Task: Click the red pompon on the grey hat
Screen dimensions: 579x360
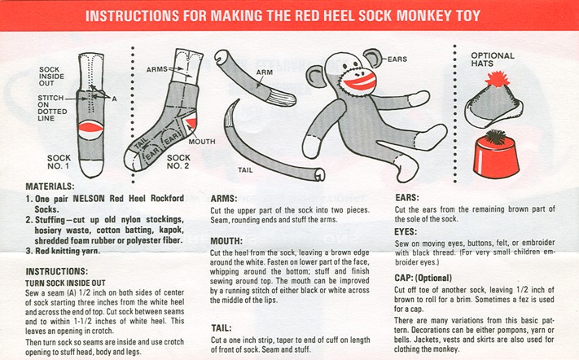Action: tap(497, 79)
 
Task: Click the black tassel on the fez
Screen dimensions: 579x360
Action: tap(495, 137)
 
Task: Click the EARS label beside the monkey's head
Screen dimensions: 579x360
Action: tap(397, 59)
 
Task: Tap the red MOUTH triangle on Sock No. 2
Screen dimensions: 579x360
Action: tap(191, 123)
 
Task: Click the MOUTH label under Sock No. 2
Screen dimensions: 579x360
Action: tap(202, 142)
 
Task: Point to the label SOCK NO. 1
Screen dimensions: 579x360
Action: tap(59, 162)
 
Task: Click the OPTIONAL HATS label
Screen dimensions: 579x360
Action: tap(493, 59)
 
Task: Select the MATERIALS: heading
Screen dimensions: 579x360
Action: tap(50, 187)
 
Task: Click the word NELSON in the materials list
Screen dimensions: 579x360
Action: tap(89, 198)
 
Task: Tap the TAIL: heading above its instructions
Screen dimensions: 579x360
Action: tap(222, 328)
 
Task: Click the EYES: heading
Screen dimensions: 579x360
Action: tap(406, 231)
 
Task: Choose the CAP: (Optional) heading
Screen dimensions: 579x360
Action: tap(423, 278)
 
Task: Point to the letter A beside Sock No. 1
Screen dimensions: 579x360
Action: tap(115, 99)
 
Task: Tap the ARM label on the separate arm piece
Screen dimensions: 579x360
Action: tap(265, 72)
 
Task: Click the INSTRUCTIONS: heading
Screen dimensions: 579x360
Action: tap(57, 271)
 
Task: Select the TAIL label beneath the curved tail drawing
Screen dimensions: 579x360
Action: tap(245, 170)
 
